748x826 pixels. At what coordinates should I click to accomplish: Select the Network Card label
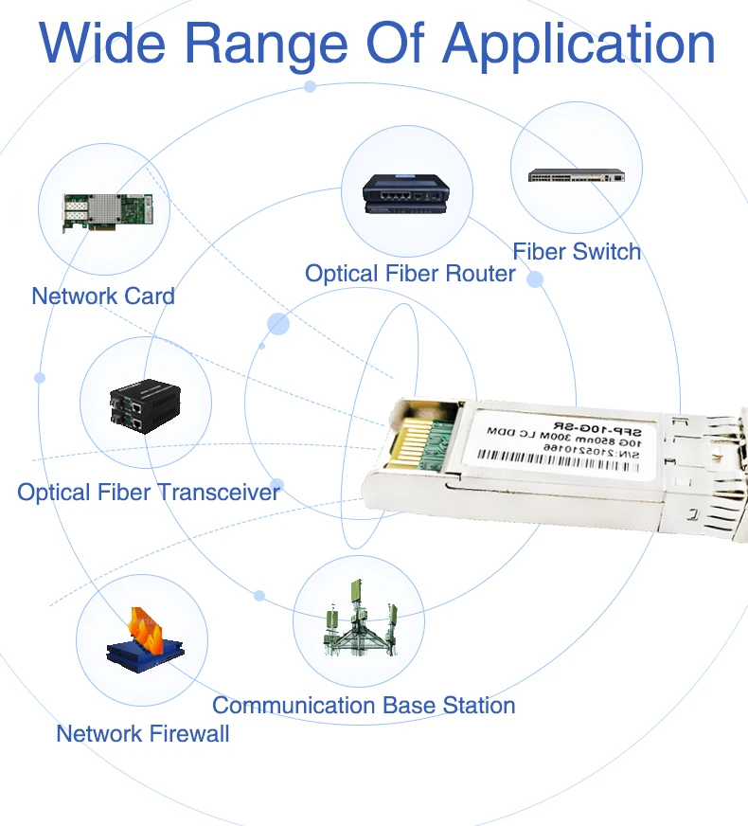click(x=103, y=296)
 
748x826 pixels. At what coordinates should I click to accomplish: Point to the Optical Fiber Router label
click(x=409, y=274)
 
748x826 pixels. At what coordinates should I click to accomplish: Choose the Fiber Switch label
click(x=577, y=251)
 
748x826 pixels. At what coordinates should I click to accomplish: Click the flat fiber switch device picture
click(x=577, y=175)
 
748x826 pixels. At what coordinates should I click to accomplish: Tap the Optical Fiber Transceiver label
click(x=149, y=493)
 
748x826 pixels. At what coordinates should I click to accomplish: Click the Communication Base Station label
click(x=364, y=706)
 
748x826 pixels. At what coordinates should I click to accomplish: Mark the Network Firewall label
click(x=143, y=733)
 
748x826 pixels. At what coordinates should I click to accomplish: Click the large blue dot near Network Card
click(x=277, y=324)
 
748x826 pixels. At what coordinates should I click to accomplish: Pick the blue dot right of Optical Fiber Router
click(x=535, y=279)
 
